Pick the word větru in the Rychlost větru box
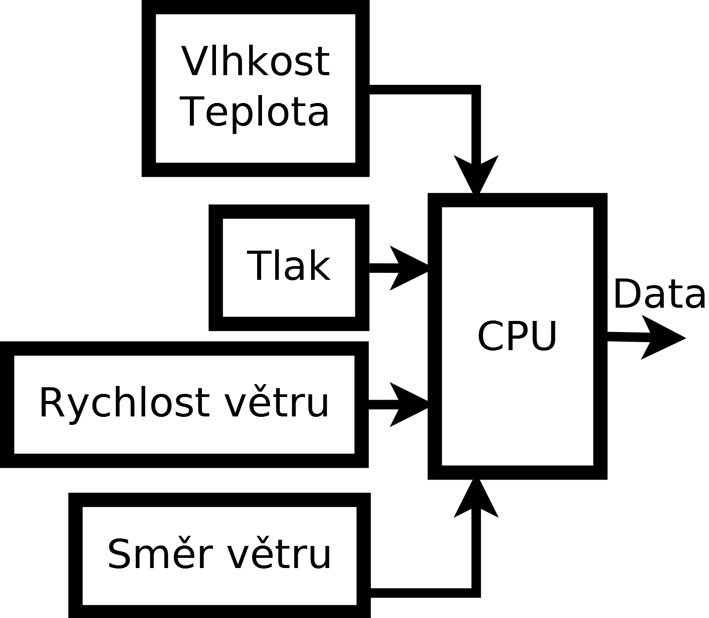(277, 403)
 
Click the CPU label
(517, 336)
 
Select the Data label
(659, 294)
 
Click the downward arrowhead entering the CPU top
(476, 175)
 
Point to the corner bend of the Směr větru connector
(476, 593)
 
